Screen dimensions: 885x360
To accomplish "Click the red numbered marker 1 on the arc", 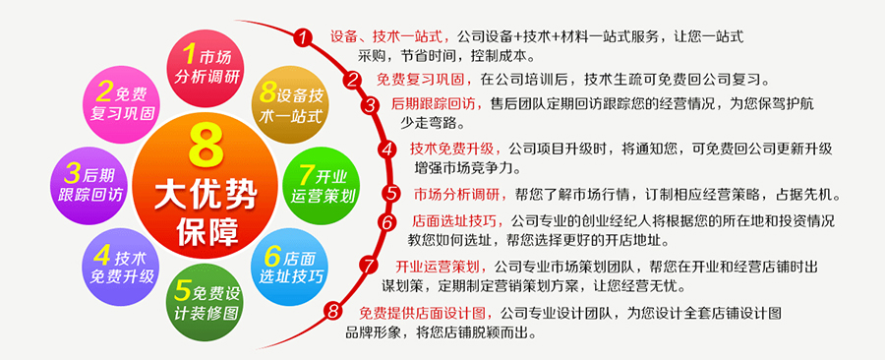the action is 303,37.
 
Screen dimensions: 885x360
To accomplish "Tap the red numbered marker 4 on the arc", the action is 387,150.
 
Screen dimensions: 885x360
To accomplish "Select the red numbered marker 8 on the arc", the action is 333,311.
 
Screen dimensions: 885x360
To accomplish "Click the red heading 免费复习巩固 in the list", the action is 425,79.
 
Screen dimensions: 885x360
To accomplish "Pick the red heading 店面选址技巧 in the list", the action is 459,221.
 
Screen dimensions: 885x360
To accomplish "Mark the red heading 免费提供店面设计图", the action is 426,312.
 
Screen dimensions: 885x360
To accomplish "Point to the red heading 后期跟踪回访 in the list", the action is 438,105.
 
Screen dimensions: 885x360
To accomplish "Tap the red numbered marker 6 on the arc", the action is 387,221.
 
